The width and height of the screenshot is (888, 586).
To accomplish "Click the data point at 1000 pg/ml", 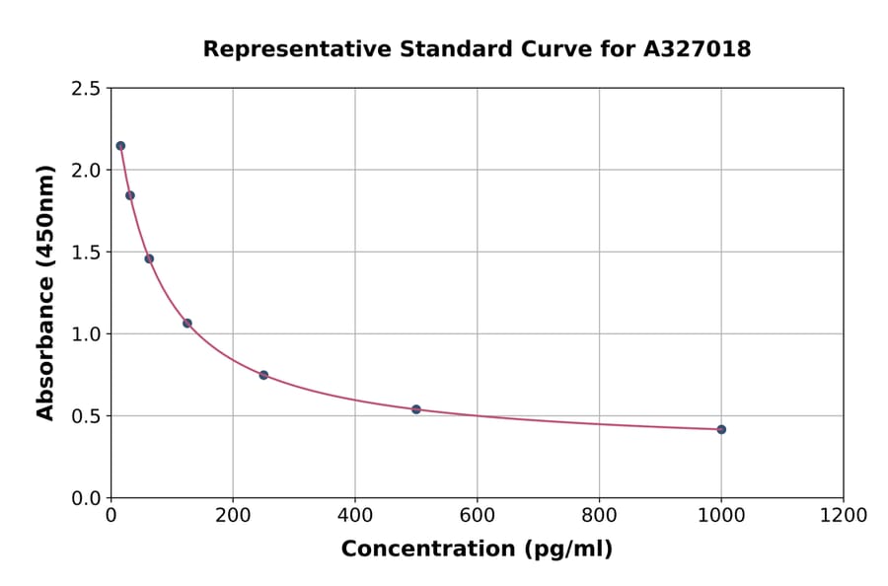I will click(721, 429).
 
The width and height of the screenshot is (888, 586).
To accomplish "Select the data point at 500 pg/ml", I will click(416, 409).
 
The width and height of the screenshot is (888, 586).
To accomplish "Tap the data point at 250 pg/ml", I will click(263, 375).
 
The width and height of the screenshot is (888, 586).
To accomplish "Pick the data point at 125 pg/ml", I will click(187, 324).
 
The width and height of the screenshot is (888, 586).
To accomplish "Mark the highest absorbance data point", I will click(120, 146).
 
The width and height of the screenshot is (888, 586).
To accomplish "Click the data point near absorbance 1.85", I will click(130, 195).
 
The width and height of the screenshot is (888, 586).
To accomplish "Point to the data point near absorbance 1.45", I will click(149, 258).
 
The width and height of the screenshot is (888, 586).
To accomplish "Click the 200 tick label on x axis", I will click(233, 516).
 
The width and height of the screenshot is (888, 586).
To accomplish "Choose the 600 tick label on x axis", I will click(478, 516).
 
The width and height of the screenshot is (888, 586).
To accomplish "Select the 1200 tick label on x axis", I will click(844, 516).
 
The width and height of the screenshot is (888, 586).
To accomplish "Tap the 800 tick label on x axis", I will click(599, 516).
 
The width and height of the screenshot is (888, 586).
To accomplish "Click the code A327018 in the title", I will click(698, 49).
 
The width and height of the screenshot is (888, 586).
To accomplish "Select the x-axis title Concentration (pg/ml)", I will click(477, 549).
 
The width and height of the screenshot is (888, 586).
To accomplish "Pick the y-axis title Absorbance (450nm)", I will click(45, 293).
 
